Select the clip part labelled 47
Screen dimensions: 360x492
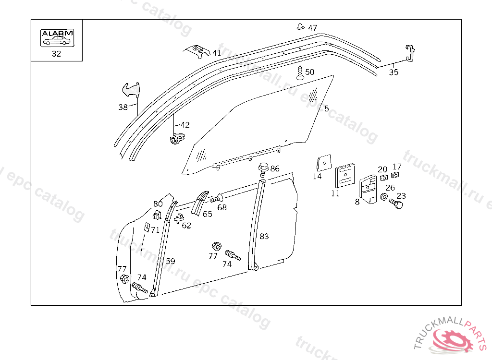[301, 26]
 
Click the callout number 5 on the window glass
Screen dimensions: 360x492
[327, 109]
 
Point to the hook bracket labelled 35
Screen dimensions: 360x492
[410, 53]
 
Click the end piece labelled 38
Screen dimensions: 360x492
[130, 90]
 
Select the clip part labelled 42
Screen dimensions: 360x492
[177, 138]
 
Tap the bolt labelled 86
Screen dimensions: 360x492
[262, 168]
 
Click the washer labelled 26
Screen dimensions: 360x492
[384, 197]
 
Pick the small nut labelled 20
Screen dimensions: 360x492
[384, 178]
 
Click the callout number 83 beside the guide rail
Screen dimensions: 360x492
[264, 236]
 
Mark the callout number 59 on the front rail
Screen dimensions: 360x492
[171, 261]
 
